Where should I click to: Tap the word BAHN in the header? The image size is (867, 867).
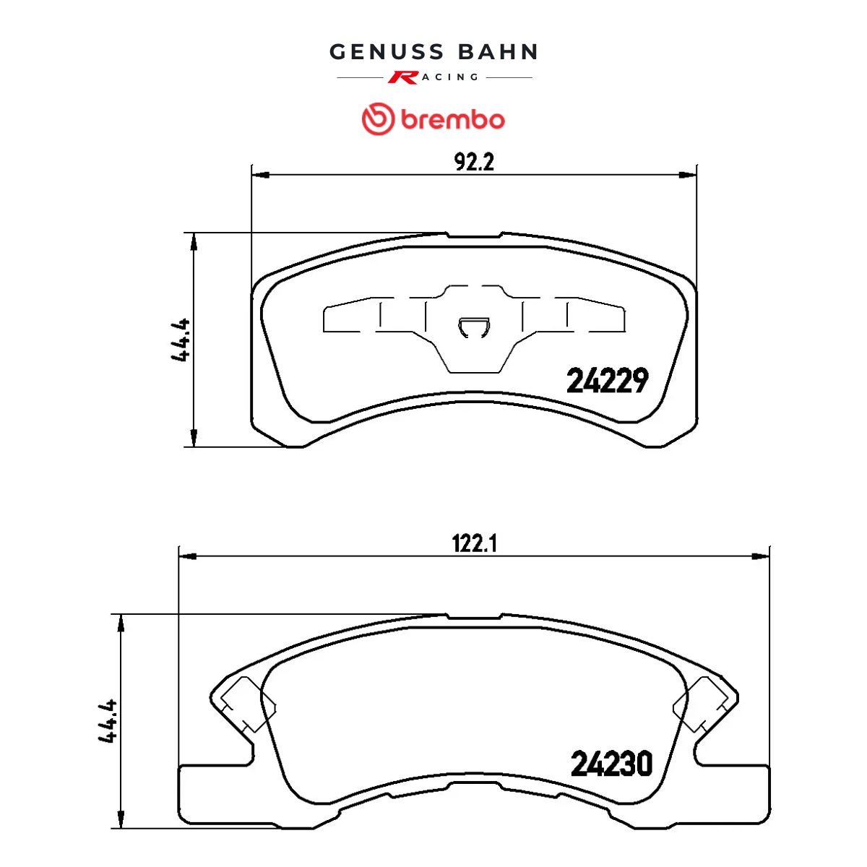coord(498,52)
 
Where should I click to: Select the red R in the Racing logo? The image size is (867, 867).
coord(404,77)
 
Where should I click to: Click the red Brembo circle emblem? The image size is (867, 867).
coord(379,118)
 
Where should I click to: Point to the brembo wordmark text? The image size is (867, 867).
coord(452,120)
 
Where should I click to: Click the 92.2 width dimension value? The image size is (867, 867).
coord(474,162)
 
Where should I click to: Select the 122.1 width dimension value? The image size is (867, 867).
coord(474,543)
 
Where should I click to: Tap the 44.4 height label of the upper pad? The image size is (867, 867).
coord(181,340)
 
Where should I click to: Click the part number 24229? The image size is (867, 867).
coord(608,380)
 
